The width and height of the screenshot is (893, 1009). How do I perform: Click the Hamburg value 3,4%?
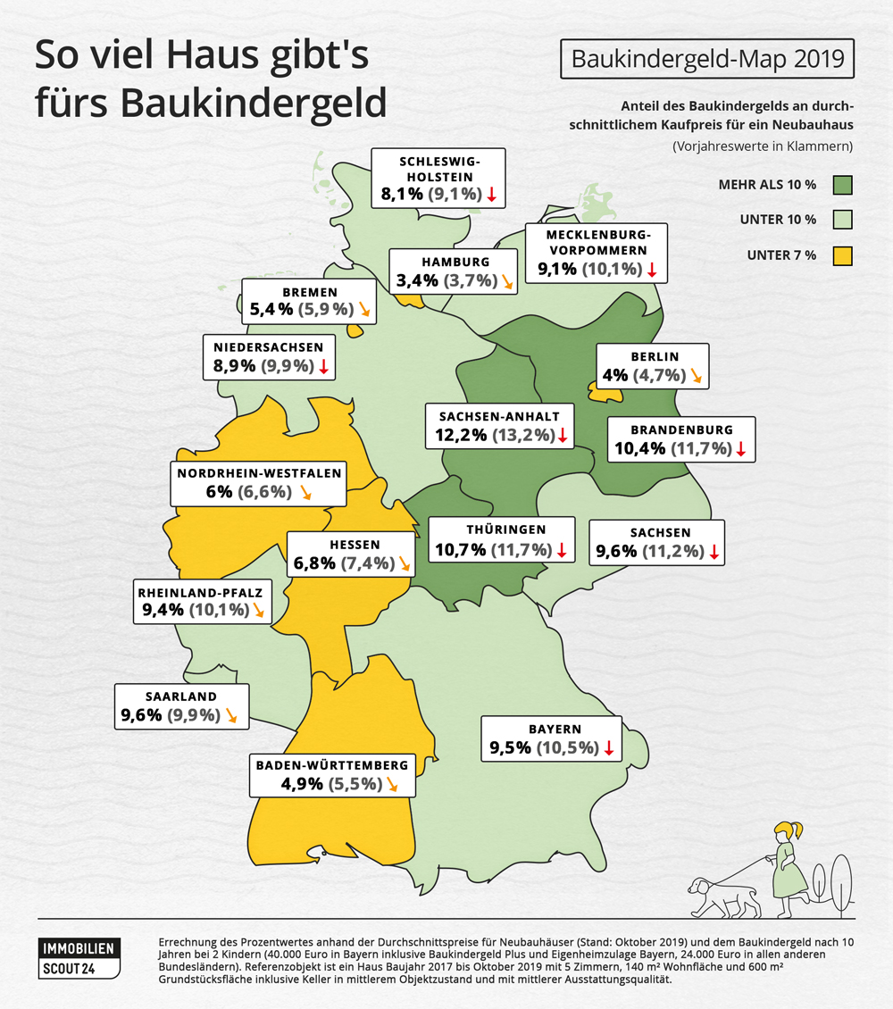pyautogui.click(x=416, y=280)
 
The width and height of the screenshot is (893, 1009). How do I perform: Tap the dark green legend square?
pyautogui.click(x=842, y=186)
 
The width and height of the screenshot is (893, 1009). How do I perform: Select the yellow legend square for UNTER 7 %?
pyautogui.click(x=842, y=255)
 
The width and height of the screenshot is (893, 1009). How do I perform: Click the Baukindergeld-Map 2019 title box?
pyautogui.click(x=706, y=60)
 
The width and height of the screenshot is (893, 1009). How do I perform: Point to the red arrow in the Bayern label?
pyautogui.click(x=609, y=747)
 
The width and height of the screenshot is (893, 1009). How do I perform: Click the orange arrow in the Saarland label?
pyautogui.click(x=232, y=715)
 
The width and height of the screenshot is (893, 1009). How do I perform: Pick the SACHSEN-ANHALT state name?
pyautogui.click(x=499, y=416)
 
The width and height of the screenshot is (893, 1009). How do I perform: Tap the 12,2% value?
pyautogui.click(x=461, y=436)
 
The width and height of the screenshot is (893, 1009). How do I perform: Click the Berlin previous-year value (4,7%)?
pyautogui.click(x=659, y=375)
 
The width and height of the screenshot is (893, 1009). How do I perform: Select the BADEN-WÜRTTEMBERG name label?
pyautogui.click(x=332, y=765)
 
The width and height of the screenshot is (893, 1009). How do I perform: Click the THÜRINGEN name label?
pyautogui.click(x=499, y=530)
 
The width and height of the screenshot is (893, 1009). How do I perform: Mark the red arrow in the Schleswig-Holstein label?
pyautogui.click(x=491, y=194)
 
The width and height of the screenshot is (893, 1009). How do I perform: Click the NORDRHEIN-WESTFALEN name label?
pyautogui.click(x=259, y=473)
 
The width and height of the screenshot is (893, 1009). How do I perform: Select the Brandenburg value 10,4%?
pyautogui.click(x=640, y=448)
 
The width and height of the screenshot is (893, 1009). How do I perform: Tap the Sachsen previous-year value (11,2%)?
pyautogui.click(x=672, y=552)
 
